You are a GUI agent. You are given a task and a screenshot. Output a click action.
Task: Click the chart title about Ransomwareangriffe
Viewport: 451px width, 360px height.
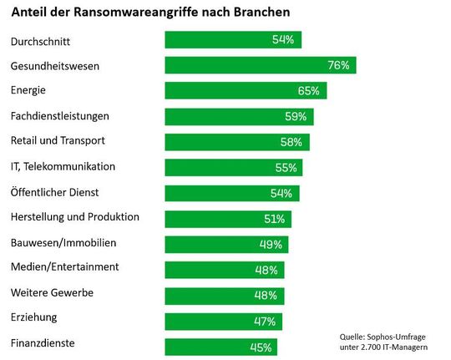151,14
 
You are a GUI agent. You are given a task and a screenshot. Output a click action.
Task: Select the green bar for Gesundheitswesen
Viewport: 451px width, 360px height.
261,65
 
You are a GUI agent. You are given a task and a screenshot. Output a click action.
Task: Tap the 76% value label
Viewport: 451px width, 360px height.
340,65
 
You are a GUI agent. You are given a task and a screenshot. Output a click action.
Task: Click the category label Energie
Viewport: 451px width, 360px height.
28,89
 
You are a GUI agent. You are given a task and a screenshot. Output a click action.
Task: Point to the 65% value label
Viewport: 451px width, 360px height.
310,90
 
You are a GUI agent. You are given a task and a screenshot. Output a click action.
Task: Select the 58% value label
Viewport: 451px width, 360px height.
294,142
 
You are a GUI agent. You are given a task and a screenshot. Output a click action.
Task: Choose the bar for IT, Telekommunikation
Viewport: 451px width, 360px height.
234,168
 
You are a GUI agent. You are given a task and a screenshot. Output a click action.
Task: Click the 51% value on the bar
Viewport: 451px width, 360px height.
275,219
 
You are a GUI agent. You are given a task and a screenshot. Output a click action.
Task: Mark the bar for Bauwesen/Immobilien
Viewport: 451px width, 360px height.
226,245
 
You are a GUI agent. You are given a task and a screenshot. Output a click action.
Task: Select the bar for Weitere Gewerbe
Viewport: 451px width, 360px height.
225,296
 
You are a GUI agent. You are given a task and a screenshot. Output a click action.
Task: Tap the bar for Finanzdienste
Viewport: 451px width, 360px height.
220,347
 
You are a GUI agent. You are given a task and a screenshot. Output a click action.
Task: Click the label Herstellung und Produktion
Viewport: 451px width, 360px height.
74,217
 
